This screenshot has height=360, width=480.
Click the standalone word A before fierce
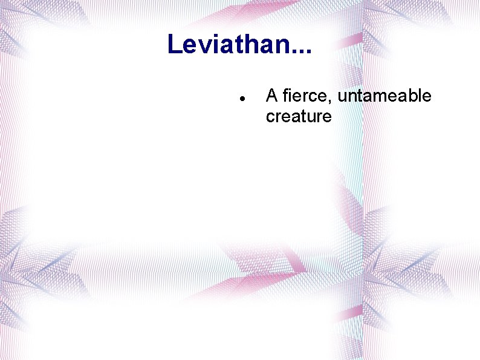[x=272, y=96]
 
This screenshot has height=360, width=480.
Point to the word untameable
[x=384, y=96]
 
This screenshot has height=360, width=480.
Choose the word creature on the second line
[x=299, y=116]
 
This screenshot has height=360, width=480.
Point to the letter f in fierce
[x=285, y=96]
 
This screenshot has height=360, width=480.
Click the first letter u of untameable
[x=342, y=97]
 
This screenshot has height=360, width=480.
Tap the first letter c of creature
[x=270, y=117]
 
